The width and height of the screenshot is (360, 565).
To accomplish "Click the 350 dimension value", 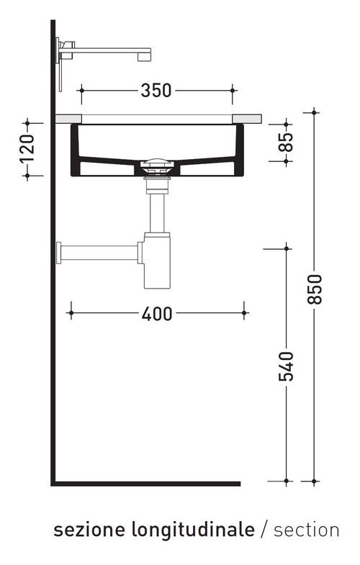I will (156, 91).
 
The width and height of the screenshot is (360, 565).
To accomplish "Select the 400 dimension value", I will (157, 314).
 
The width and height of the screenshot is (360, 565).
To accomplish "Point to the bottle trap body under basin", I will (156, 259).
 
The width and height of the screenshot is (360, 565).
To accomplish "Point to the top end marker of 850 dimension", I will (314, 112).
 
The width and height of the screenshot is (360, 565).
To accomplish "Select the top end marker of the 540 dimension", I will (287, 248).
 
